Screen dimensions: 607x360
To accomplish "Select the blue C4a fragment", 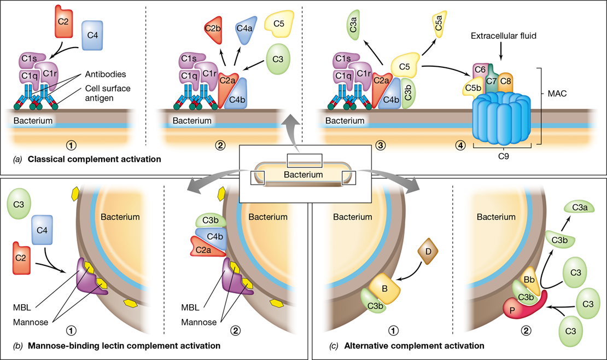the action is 245,30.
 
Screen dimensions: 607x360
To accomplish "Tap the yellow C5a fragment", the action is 439,24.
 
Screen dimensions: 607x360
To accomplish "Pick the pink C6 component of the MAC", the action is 480,72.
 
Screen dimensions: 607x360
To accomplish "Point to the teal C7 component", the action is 491,79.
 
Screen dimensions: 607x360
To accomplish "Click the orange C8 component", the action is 505,82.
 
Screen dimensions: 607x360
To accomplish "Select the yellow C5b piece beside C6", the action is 472,88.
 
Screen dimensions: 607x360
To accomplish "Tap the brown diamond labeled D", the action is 428,252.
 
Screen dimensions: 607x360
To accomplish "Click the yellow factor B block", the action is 384,289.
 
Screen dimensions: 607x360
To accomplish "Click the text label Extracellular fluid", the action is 504,36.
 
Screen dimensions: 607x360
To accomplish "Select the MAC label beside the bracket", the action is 557,94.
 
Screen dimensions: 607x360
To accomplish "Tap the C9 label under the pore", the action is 503,156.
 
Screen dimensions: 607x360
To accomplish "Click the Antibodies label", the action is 106,74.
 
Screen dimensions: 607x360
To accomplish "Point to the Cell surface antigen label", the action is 108,93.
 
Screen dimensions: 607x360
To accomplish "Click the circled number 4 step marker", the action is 460,146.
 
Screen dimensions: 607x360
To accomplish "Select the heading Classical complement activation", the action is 95,159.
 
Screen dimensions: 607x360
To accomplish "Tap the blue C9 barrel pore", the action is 501,118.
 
